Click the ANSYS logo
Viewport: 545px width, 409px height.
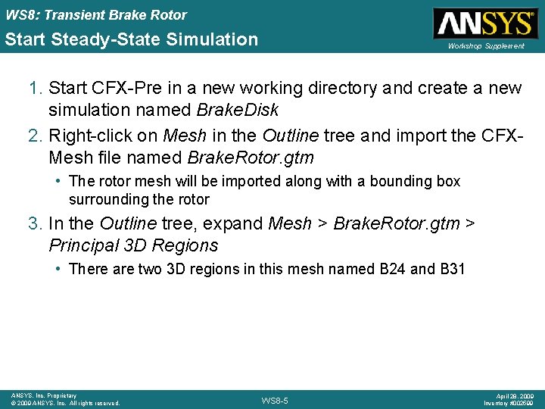pos(484,23)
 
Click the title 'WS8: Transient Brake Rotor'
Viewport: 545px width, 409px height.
pos(96,14)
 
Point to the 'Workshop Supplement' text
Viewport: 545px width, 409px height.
pos(485,46)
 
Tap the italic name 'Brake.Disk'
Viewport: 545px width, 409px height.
pos(237,110)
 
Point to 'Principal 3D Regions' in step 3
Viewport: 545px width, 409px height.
pos(133,245)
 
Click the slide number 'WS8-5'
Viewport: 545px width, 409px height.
pos(274,400)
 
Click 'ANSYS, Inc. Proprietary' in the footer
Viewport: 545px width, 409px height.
pos(44,395)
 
